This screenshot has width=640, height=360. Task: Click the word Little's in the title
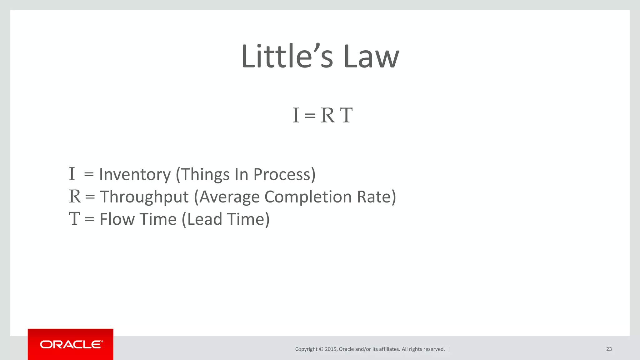coord(287,57)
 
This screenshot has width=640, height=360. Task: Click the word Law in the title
coord(371,57)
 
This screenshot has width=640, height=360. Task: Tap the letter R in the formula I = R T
coord(328,115)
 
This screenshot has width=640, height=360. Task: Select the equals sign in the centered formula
coord(310,116)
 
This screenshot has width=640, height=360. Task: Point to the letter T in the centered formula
coord(346,115)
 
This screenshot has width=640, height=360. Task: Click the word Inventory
coord(135,174)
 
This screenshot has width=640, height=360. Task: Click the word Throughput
coord(144,197)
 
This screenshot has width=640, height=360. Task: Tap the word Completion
coord(308,197)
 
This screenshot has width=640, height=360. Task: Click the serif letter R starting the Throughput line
coord(75,197)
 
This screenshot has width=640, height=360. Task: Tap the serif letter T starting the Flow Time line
coord(74,219)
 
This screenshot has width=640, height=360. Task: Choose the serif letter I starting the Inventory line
coord(72,174)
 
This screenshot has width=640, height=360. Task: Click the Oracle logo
coord(71,344)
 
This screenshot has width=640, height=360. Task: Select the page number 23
coord(609,349)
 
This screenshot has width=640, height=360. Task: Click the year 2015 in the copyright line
coord(331,349)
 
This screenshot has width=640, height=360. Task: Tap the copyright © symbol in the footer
coord(321,349)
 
